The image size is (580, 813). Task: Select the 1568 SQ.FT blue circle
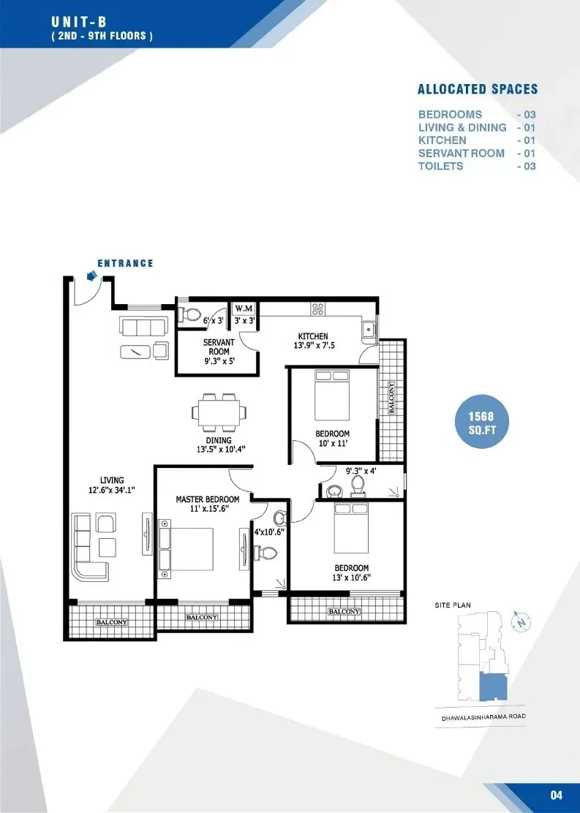481,422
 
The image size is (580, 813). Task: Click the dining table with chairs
219,412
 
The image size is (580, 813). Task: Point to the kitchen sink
369,329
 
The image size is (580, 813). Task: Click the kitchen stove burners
317,309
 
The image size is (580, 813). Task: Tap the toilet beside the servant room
190,314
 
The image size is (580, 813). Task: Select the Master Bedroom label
208,499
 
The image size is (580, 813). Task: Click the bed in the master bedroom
187,549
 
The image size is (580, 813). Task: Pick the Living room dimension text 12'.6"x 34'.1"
111,489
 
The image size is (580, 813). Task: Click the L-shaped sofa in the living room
91,548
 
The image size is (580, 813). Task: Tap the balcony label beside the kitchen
391,398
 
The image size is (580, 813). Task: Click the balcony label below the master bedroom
202,617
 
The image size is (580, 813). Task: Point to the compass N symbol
522,621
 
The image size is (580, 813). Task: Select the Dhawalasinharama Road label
483,717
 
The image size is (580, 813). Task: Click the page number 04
556,795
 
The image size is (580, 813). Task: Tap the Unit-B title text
79,22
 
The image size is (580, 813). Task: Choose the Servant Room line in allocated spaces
477,154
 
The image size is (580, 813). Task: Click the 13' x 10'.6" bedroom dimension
351,578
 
